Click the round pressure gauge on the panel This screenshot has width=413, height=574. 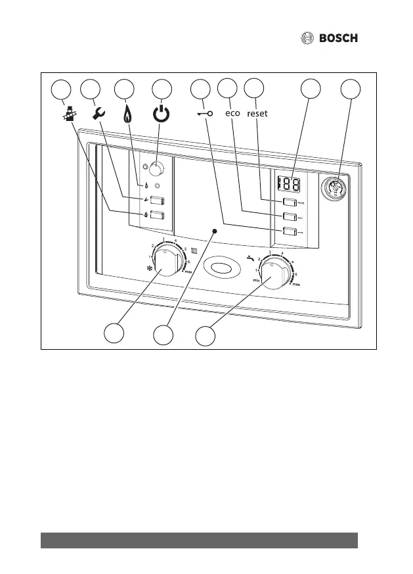[x=334, y=187]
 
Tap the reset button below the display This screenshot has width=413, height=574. [x=289, y=203]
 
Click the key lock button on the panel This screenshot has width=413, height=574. [x=289, y=231]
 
